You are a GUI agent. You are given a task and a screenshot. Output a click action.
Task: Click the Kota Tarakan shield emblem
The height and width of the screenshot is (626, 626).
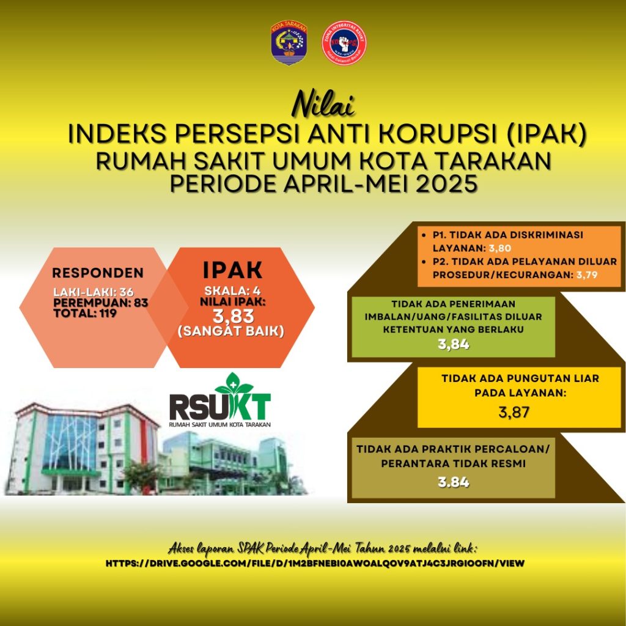point(289,43)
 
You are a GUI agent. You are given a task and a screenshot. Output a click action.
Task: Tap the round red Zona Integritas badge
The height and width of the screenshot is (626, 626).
point(344,43)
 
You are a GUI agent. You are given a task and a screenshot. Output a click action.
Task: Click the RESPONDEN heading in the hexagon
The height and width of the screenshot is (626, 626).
point(98,273)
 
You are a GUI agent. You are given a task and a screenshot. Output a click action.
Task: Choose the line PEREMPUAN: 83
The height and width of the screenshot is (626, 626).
point(101,303)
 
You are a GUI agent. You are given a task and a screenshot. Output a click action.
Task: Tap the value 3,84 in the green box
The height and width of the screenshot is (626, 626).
point(453,345)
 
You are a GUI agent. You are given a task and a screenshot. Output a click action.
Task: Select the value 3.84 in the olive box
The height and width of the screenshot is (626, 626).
point(453,482)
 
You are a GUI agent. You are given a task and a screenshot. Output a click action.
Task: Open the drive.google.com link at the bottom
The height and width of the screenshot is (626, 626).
point(315,563)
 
